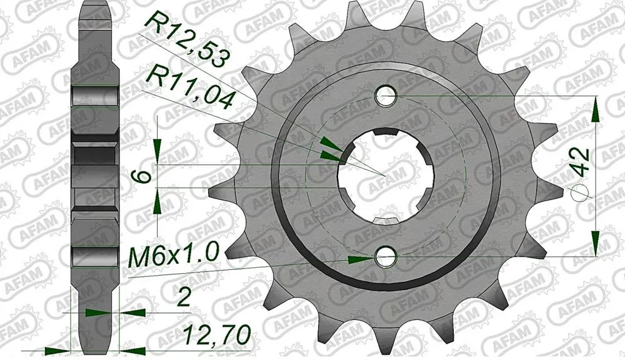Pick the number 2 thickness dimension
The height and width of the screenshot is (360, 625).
pyautogui.click(x=183, y=299)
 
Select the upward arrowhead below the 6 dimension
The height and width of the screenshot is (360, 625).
pyautogui.click(x=158, y=201)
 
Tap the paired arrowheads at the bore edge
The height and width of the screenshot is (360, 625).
pyautogui.click(x=330, y=151)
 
